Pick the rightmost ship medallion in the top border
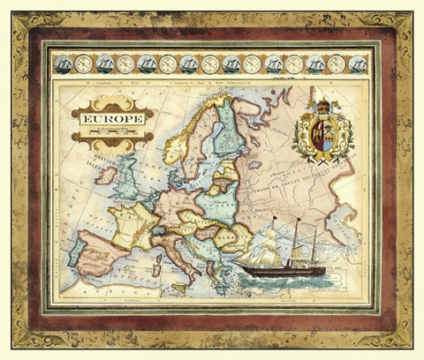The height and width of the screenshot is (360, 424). (x=357, y=64)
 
